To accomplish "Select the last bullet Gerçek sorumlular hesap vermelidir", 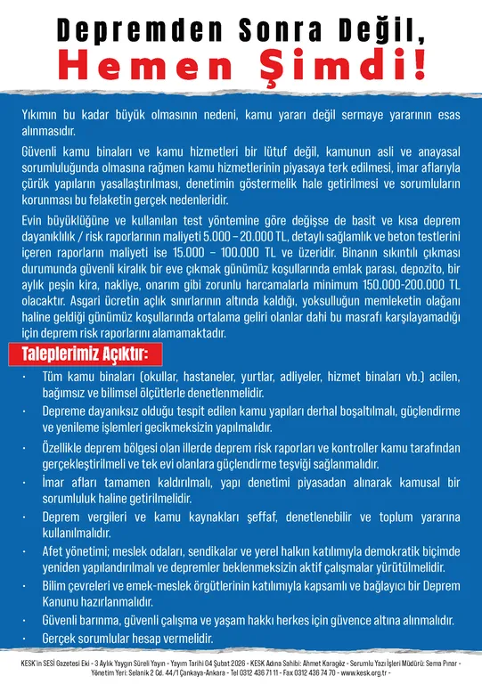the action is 128,639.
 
